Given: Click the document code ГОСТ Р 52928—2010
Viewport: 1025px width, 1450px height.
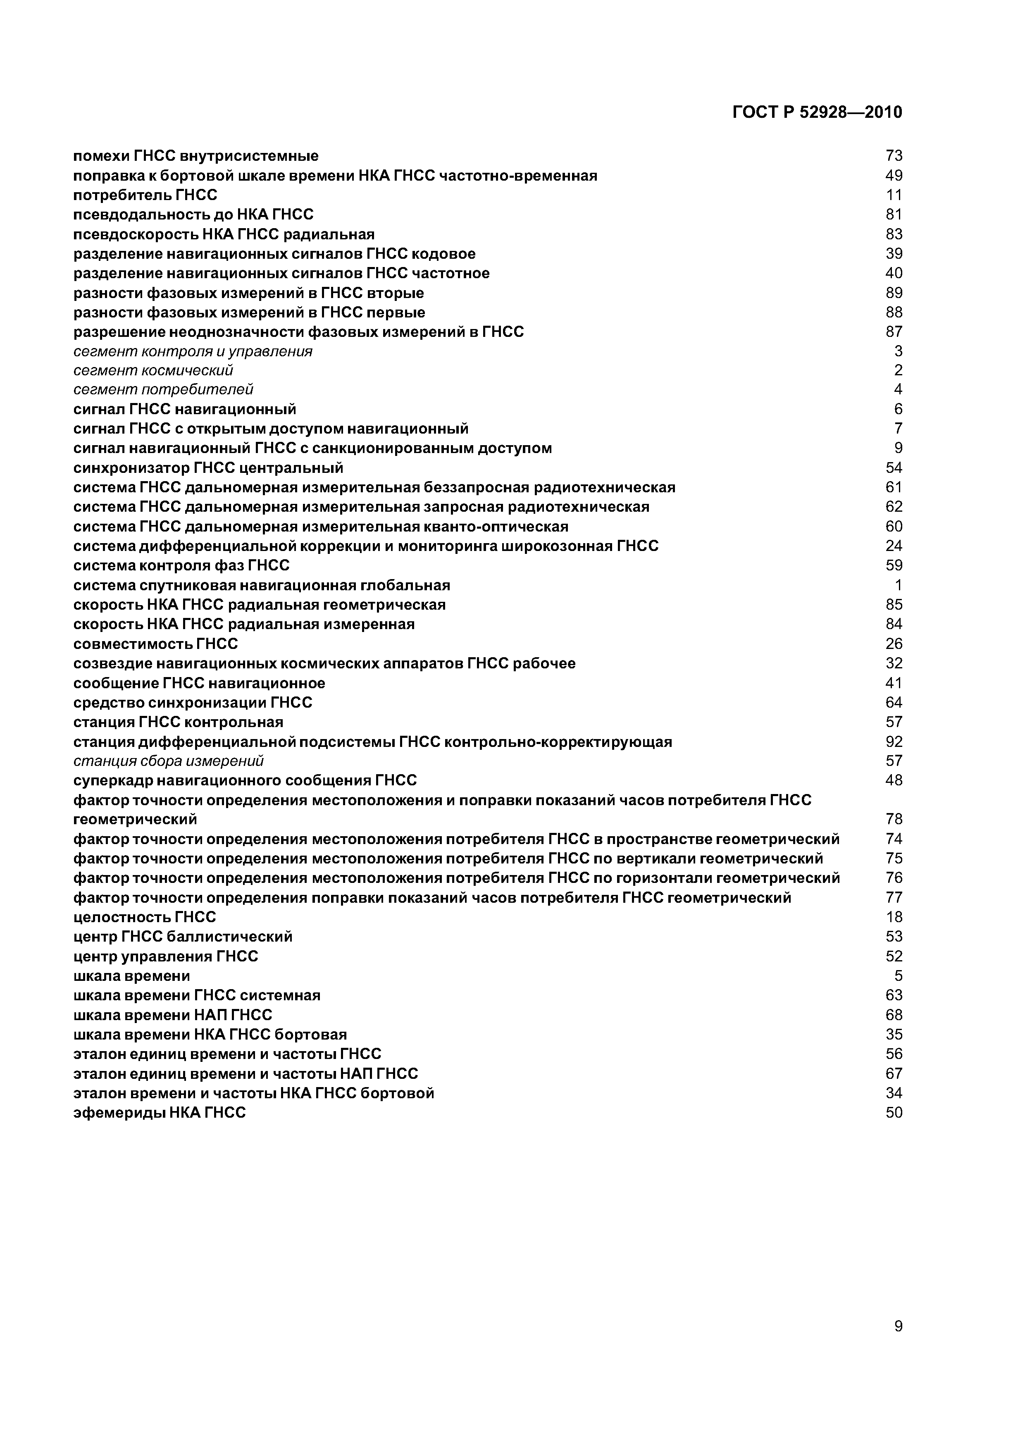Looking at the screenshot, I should click(x=817, y=112).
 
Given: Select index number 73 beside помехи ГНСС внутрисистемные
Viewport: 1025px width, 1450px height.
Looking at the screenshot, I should click(x=894, y=156).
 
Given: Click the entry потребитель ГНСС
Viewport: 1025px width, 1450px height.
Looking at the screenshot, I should click(x=145, y=195).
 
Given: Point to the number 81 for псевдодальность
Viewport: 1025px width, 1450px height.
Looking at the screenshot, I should click(x=894, y=215).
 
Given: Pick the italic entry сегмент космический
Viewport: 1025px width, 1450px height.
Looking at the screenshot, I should click(x=153, y=370).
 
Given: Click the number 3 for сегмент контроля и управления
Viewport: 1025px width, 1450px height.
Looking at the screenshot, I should click(x=898, y=351).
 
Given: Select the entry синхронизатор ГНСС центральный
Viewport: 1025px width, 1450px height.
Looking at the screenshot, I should click(x=208, y=468).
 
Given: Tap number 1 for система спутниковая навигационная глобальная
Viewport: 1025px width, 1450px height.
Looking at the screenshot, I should click(x=898, y=585).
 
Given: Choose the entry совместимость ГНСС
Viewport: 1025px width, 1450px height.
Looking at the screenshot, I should click(x=155, y=644).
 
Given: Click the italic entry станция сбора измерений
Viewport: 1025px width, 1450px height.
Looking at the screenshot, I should click(x=168, y=761).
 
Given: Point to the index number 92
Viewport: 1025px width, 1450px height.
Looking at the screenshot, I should click(x=894, y=742).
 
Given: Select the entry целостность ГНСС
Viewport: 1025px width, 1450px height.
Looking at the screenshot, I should click(x=145, y=917).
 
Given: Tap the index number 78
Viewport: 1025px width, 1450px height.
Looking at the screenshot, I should click(x=894, y=820).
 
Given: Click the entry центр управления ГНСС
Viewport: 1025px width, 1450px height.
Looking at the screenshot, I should click(x=165, y=956).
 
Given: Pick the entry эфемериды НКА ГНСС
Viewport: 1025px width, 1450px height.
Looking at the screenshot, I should click(x=159, y=1113).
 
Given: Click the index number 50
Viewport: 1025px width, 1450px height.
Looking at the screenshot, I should click(x=894, y=1113).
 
